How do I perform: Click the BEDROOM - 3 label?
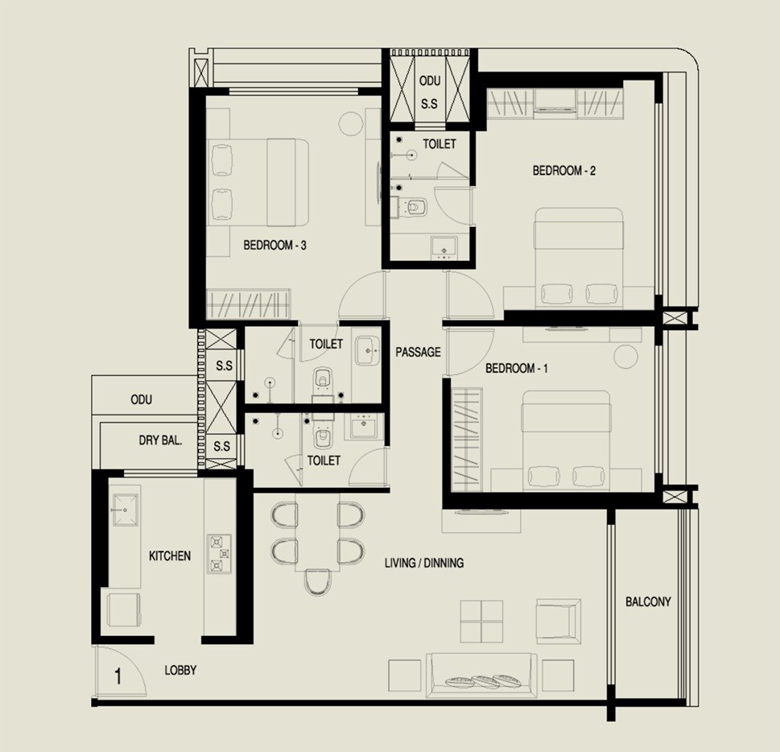pyautogui.click(x=274, y=246)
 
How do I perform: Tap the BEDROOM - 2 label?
pyautogui.click(x=564, y=171)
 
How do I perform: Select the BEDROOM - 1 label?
pyautogui.click(x=517, y=369)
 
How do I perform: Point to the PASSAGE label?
pyautogui.click(x=418, y=352)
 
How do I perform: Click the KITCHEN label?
pyautogui.click(x=170, y=556)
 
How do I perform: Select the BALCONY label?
pyautogui.click(x=648, y=601)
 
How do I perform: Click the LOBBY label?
pyautogui.click(x=180, y=670)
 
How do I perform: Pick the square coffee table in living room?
pyautogui.click(x=481, y=621)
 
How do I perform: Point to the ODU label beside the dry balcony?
pyautogui.click(x=142, y=400)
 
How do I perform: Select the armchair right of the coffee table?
pyautogui.click(x=558, y=619)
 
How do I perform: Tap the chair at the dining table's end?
pyautogui.click(x=318, y=582)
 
